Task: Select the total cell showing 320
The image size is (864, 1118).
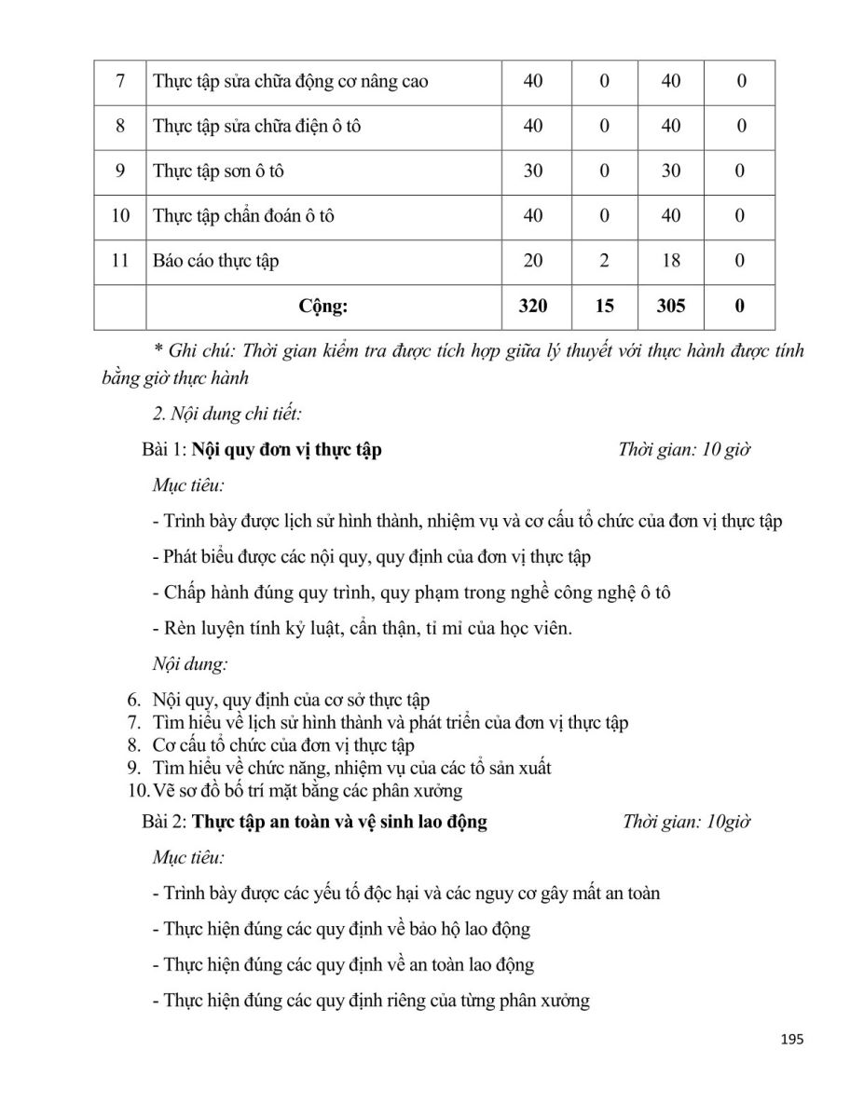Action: click(x=533, y=306)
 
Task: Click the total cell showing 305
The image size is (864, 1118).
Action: click(x=671, y=306)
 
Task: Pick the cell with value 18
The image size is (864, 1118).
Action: click(x=671, y=261)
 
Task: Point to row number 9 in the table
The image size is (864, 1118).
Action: click(x=120, y=170)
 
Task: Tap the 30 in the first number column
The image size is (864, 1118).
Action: click(x=533, y=170)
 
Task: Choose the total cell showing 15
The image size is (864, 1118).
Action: click(x=604, y=306)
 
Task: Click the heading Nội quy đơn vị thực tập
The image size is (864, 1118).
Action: click(x=287, y=450)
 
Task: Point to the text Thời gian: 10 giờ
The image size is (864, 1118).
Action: click(x=684, y=450)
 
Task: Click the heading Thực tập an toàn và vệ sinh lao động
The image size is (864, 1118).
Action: click(x=339, y=822)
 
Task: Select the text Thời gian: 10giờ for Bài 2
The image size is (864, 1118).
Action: click(x=686, y=822)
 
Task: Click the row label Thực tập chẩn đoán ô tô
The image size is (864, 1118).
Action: click(x=243, y=215)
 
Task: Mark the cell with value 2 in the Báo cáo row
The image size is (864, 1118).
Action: click(x=604, y=261)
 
